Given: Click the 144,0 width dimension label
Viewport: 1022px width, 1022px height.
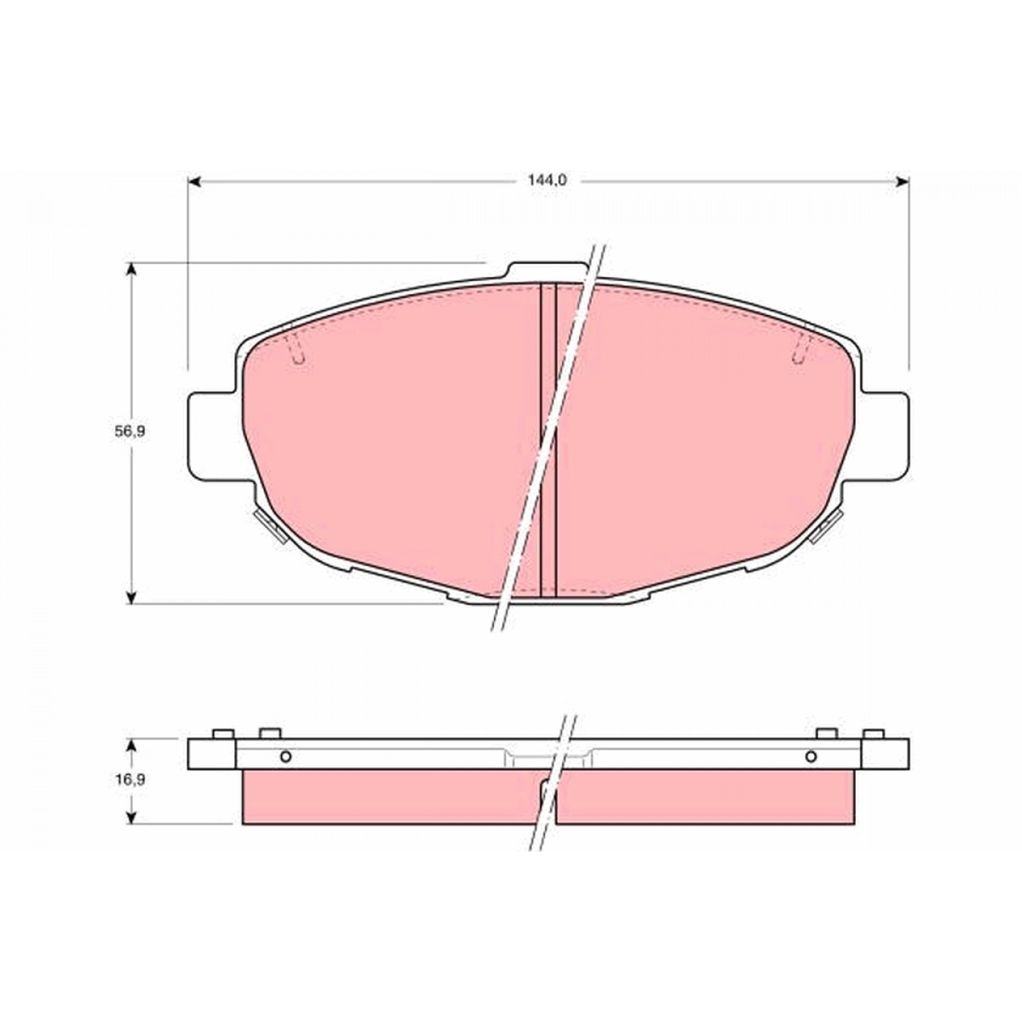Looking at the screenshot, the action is click(546, 180).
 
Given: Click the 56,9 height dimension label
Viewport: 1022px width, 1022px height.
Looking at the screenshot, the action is click(130, 432).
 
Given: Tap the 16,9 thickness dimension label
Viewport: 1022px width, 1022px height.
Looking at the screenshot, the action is click(130, 779).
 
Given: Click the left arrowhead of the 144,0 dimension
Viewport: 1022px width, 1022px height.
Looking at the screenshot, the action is click(194, 182).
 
